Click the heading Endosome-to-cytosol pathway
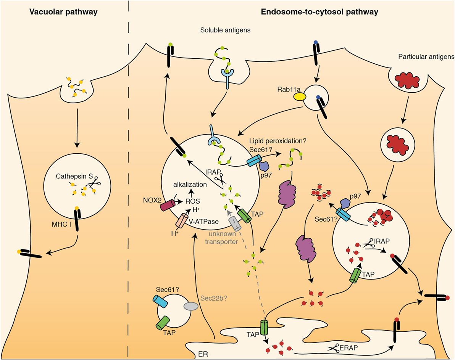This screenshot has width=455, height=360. pos(319,12)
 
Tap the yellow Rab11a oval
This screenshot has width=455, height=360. pos(300,97)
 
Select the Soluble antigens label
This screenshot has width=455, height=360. pos(226,30)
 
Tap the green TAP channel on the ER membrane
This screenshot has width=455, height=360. pos(265,328)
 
